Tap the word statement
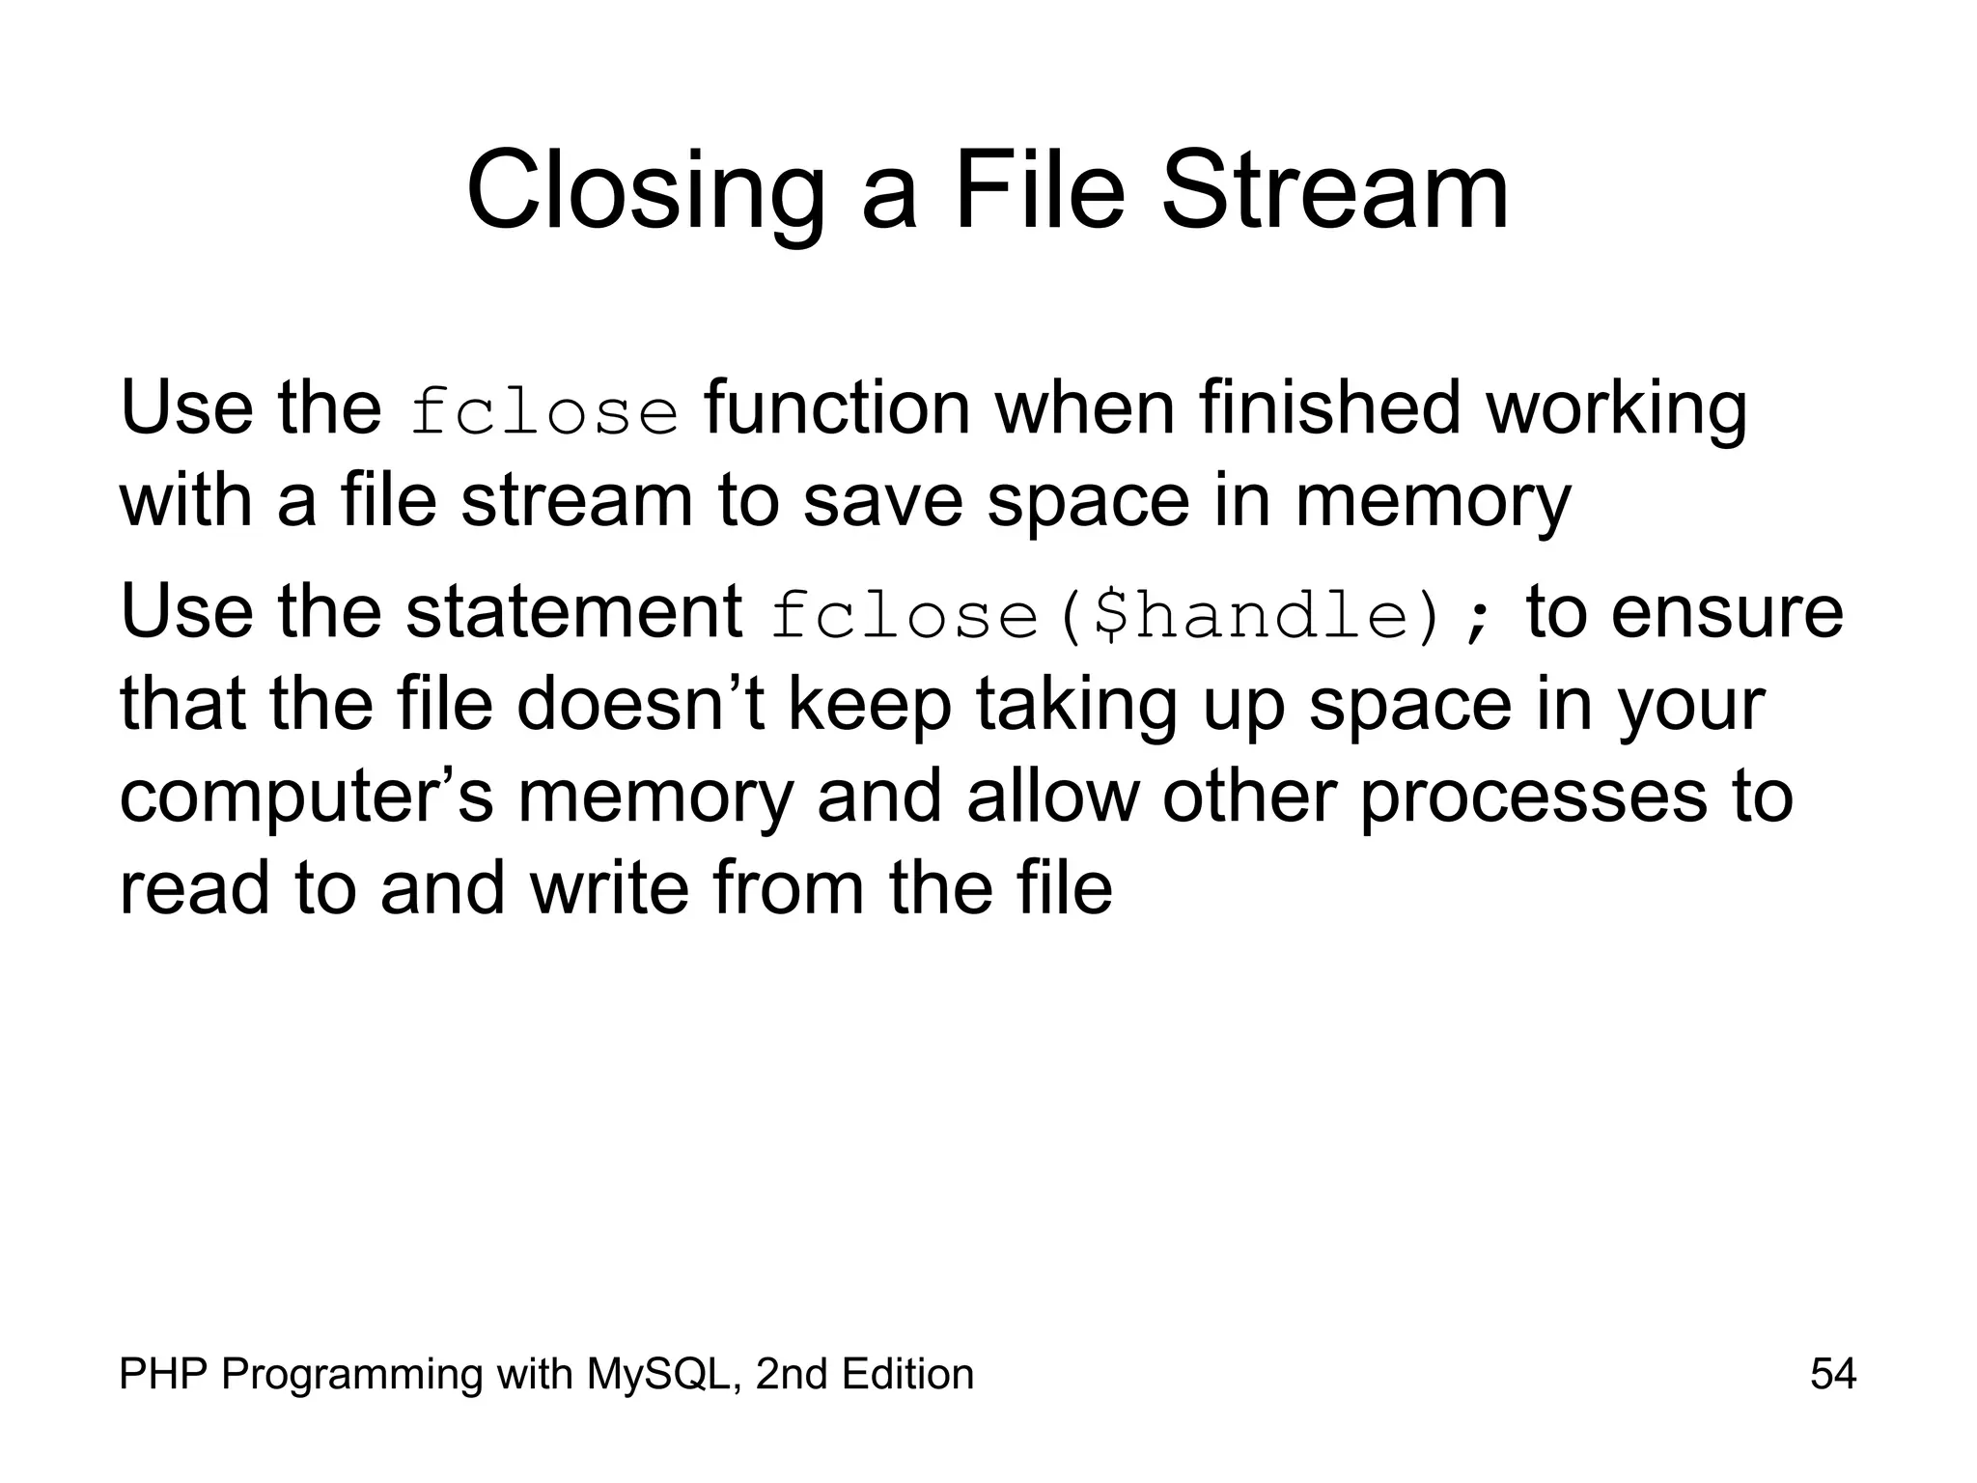pos(573,612)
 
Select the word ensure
pos(1727,612)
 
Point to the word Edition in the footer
pos(906,1374)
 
